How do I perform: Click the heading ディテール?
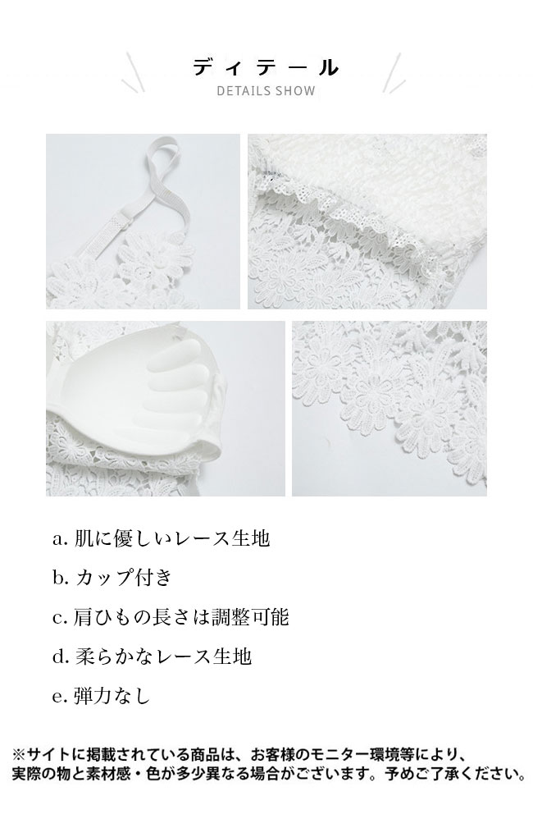(266, 67)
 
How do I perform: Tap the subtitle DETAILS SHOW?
(266, 91)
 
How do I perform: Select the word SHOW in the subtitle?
(295, 91)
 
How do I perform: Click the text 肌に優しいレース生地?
(171, 538)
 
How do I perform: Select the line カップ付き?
(124, 577)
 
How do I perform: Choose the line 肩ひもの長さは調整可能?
(181, 617)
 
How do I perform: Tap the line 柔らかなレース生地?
(163, 656)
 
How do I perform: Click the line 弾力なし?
(112, 696)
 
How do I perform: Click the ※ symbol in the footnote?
(19, 755)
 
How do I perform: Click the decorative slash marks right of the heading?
(394, 72)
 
